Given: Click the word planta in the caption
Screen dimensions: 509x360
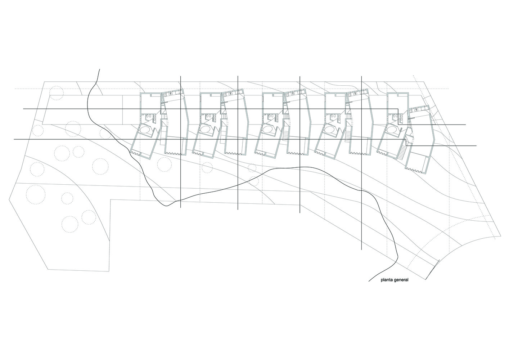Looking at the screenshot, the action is pos(387,280).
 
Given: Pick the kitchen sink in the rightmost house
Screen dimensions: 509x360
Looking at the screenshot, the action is pos(416,110).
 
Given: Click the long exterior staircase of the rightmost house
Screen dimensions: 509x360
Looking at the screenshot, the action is pos(401,152).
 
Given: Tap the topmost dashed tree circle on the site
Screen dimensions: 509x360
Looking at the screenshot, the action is pos(56,93).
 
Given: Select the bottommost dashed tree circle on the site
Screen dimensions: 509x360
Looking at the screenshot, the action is pos(70,224).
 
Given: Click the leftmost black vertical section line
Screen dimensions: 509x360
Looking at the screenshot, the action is pos(181,141).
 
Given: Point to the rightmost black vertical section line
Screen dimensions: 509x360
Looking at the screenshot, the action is pos(361,163).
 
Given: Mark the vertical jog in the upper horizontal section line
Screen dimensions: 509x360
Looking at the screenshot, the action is pos(398,117).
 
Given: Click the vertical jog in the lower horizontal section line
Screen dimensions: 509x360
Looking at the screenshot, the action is pos(406,143).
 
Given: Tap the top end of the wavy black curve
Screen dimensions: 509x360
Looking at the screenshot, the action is pos(99,69).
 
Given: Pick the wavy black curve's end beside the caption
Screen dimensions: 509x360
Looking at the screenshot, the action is pos(369,282).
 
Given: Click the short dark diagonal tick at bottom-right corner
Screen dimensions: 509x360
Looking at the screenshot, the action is pos(432,269).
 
